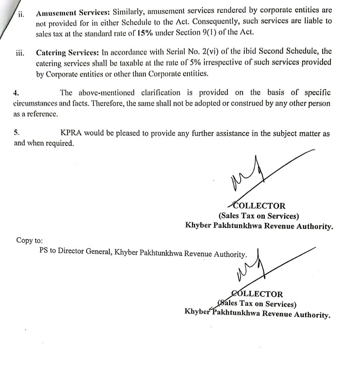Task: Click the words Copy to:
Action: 30,240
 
